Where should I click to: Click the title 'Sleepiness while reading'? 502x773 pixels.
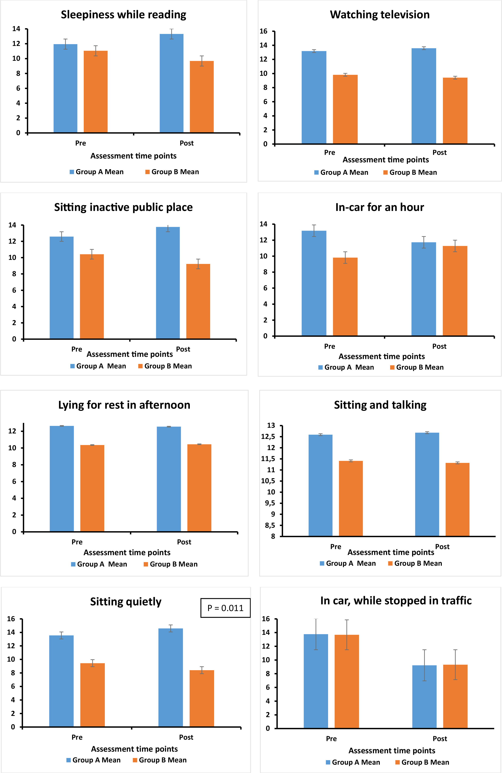click(x=124, y=15)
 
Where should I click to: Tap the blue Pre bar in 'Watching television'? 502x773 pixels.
click(x=314, y=97)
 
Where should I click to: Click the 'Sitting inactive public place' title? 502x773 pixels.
click(x=124, y=207)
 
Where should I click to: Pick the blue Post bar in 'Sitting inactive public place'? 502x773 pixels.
click(x=168, y=283)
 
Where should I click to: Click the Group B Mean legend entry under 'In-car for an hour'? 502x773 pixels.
click(x=417, y=367)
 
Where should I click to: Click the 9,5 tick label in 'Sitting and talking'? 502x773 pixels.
click(x=270, y=503)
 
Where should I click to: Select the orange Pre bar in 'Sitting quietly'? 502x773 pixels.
click(x=93, y=695)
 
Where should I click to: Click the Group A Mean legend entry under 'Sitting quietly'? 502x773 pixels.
click(x=93, y=760)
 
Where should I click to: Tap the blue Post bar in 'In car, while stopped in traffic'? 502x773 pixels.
click(x=424, y=697)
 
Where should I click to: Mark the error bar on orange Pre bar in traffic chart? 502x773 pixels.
click(x=347, y=635)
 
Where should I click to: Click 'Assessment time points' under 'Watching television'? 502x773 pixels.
click(x=386, y=160)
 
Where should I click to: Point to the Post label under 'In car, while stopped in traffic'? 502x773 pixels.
click(x=440, y=739)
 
